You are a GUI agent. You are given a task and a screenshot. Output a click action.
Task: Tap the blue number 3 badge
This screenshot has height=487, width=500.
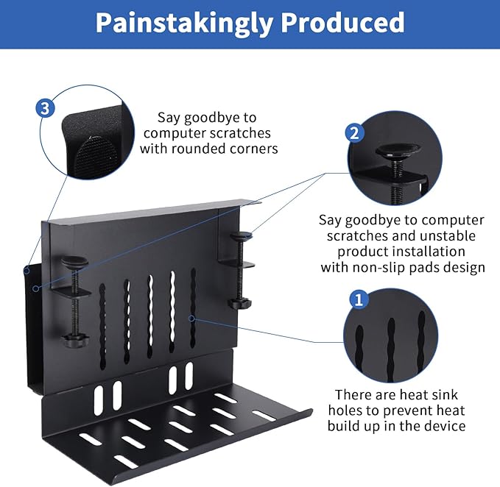tap(45, 109)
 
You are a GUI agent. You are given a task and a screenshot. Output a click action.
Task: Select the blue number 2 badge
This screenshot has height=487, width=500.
tap(355, 132)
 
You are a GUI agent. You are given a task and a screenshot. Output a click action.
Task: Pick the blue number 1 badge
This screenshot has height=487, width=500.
tap(359, 299)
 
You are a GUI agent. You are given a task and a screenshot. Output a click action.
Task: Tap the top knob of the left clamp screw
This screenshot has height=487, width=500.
tap(74, 263)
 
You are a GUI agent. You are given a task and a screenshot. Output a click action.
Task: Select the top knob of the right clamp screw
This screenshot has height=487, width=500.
tap(241, 237)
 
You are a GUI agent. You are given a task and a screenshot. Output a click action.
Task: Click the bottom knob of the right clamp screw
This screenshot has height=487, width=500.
tap(239, 302)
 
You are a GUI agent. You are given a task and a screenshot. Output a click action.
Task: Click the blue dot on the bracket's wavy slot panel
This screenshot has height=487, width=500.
tap(191, 319)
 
